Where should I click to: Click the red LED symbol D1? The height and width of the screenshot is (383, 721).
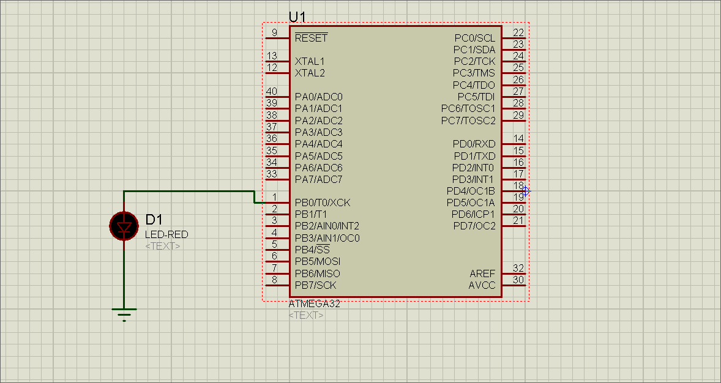124,226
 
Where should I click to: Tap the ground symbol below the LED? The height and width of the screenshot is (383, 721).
124,313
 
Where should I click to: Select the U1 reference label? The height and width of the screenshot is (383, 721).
297,17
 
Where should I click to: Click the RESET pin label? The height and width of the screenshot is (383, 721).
311,38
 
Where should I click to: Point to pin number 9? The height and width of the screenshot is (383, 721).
274,32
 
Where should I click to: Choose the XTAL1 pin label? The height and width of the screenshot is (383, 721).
310,61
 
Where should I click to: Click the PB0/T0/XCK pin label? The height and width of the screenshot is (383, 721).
323,203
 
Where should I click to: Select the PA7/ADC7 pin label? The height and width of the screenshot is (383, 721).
318,179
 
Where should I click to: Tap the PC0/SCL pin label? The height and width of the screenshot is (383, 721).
475,38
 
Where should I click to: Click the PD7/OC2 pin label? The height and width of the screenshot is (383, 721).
474,226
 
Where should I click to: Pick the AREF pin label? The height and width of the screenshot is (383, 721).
482,273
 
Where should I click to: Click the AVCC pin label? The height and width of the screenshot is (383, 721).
482,285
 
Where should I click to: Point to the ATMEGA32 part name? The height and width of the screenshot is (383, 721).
314,304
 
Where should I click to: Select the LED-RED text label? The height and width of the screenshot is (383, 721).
166,234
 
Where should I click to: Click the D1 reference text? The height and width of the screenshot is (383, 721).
154,220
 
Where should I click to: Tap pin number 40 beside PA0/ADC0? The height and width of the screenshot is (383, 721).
272,92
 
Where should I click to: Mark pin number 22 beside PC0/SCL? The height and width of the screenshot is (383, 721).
518,32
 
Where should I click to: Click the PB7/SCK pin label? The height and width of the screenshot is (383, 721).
315,285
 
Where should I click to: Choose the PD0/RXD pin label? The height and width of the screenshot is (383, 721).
474,144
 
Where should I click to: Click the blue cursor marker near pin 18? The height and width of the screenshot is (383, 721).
525,191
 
